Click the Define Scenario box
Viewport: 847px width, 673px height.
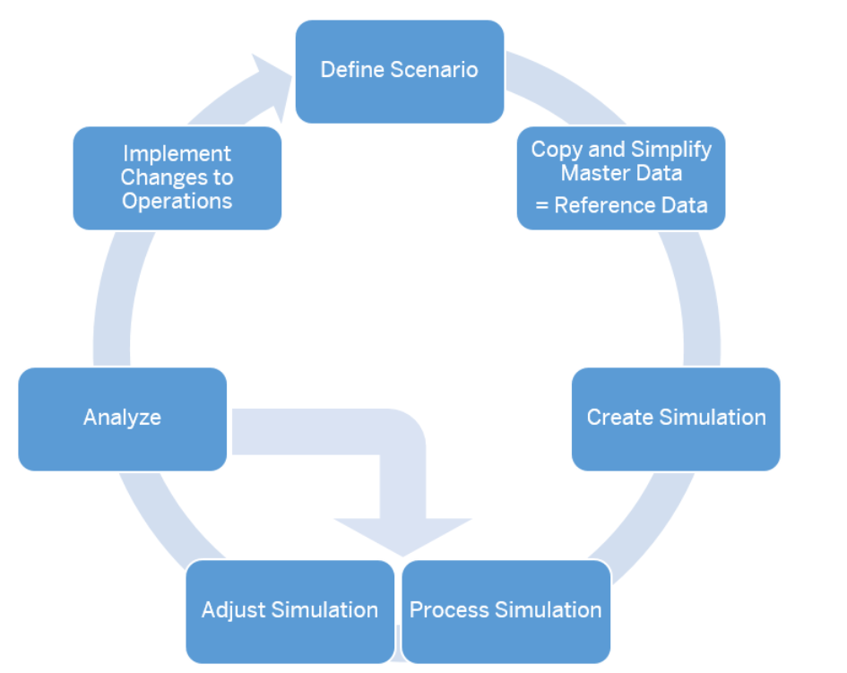tap(400, 72)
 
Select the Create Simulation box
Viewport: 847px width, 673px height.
tap(676, 419)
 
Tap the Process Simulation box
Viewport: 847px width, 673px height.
tap(506, 611)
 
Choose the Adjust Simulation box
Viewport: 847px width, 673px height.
tap(290, 611)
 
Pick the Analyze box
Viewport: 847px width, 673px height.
tap(123, 419)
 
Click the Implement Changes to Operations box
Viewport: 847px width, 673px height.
tap(177, 178)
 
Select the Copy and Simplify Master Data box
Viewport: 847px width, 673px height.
tap(621, 178)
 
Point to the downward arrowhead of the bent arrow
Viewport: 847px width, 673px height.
tap(403, 537)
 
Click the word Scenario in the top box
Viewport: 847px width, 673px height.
tap(435, 70)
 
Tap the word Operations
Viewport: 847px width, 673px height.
tap(177, 202)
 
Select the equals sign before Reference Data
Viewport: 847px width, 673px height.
tap(541, 206)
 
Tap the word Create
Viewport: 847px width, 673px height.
tap(620, 417)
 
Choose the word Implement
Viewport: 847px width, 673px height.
tap(177, 154)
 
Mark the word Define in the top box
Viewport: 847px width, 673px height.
tap(353, 70)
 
